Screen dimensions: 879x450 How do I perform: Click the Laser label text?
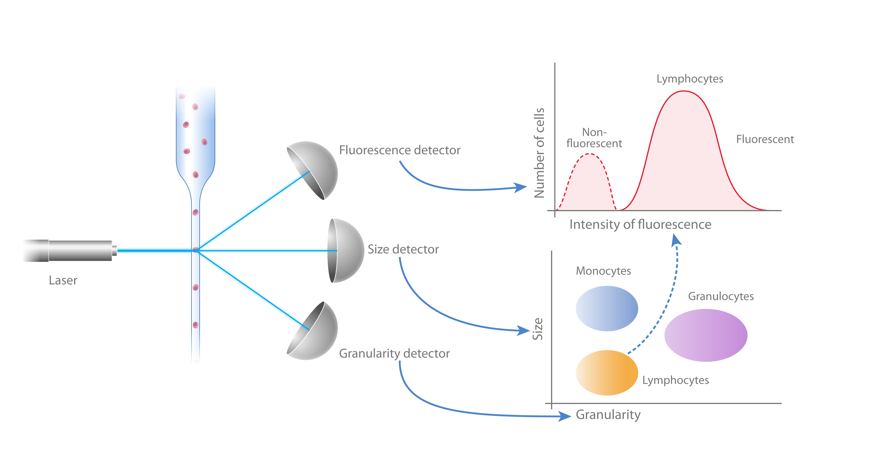[x=63, y=280]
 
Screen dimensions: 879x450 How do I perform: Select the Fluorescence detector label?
[x=400, y=150]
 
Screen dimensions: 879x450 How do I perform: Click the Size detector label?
[x=403, y=249]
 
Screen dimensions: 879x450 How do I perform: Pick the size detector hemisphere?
[x=345, y=251]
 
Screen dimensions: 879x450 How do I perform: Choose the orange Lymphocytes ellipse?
[x=607, y=373]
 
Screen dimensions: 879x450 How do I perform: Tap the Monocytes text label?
[x=603, y=271]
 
